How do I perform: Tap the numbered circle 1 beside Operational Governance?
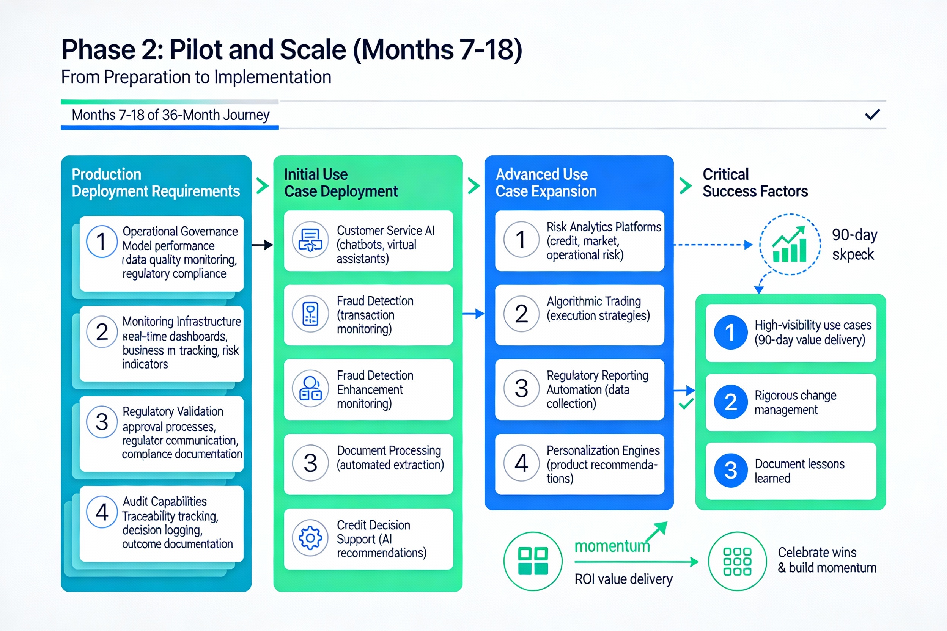[101, 242]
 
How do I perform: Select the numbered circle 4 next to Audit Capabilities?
[101, 512]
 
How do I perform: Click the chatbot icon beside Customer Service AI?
[310, 240]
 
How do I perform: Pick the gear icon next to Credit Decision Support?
[310, 538]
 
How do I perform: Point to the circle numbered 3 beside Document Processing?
[310, 463]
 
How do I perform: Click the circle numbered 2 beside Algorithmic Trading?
[521, 314]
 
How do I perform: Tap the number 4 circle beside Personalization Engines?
[521, 463]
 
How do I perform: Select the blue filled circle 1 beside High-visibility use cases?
[730, 333]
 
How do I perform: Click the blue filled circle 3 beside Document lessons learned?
[730, 470]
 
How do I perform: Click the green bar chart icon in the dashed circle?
[790, 244]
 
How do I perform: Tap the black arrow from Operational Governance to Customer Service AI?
[262, 244]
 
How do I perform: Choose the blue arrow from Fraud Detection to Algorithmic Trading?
[473, 314]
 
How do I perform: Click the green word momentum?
[612, 546]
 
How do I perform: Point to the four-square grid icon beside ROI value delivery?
[533, 561]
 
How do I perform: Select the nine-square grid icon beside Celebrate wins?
[737, 561]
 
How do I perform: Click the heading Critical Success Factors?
[755, 183]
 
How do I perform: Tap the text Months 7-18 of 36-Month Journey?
[170, 115]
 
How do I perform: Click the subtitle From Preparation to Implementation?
[196, 77]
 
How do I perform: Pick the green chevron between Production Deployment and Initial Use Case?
[263, 185]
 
